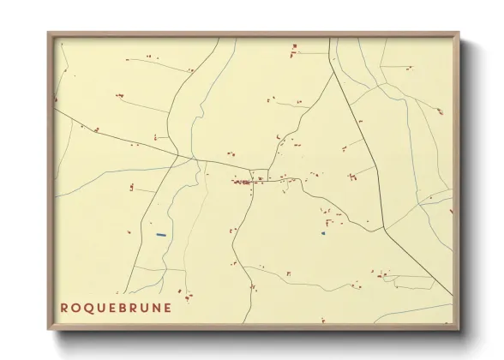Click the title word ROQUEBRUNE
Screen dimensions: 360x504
click(x=116, y=308)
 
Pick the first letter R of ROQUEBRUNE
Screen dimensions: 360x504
click(x=64, y=308)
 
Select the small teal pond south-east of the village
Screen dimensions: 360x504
click(x=323, y=232)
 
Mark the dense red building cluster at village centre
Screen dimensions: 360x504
click(x=242, y=182)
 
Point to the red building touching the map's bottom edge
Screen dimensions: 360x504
click(x=322, y=321)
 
